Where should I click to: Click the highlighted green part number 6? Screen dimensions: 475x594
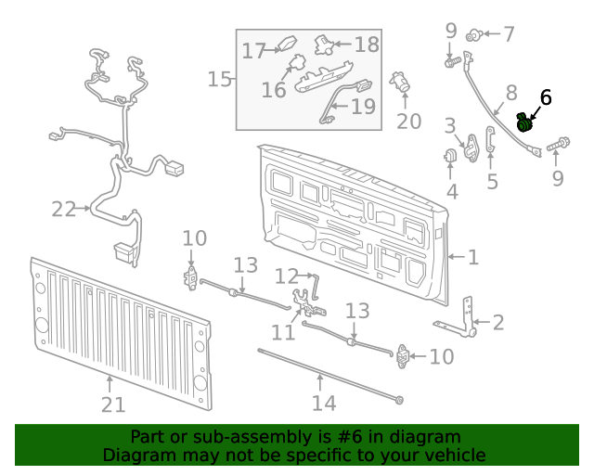[x=525, y=122]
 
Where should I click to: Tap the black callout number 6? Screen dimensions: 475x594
[x=546, y=96]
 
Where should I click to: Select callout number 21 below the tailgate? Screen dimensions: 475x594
[x=112, y=404]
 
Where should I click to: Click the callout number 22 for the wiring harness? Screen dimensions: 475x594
[x=63, y=210]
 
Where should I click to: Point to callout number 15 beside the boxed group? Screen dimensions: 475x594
[x=219, y=79]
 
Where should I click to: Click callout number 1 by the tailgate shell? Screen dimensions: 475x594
[x=472, y=256]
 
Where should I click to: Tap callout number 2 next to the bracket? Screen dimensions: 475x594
[x=498, y=323]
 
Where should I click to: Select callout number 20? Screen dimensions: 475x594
[x=408, y=121]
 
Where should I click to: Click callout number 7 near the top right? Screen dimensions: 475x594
[x=509, y=34]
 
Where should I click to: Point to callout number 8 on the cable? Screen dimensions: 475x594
[x=510, y=93]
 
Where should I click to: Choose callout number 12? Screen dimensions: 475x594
[x=286, y=276]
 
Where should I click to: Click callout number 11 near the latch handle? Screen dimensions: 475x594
[x=282, y=332]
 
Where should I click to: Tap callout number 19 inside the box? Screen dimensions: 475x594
[x=363, y=107]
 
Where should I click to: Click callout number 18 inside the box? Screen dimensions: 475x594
[x=367, y=44]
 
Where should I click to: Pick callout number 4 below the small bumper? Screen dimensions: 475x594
[x=452, y=192]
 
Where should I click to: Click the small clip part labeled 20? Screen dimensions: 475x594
[x=402, y=83]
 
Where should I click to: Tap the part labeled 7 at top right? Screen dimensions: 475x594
[x=476, y=35]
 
